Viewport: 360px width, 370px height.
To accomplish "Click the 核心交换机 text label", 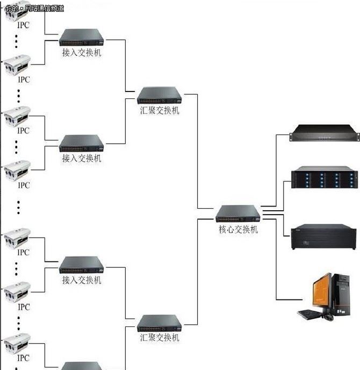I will (x=238, y=230).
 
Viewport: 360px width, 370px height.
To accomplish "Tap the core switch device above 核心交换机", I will (x=238, y=214).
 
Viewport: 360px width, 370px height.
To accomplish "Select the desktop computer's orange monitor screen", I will (x=321, y=293).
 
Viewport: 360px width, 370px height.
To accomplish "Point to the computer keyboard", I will (x=311, y=314).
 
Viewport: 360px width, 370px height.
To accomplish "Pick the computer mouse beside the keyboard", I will (x=328, y=317).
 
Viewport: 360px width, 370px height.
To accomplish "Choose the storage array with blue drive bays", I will (x=324, y=178).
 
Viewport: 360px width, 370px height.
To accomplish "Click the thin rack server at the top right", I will (x=323, y=133).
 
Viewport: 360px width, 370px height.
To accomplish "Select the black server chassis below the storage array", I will (x=323, y=237).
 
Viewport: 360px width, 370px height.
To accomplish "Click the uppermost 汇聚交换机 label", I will (x=160, y=110).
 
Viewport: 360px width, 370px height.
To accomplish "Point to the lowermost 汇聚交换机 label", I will (x=160, y=338).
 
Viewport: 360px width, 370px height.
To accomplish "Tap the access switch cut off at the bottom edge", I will (x=81, y=366).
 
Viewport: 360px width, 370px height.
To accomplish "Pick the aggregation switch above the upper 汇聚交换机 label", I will (x=160, y=95).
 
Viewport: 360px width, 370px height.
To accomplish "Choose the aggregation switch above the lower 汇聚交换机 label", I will (x=160, y=323).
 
